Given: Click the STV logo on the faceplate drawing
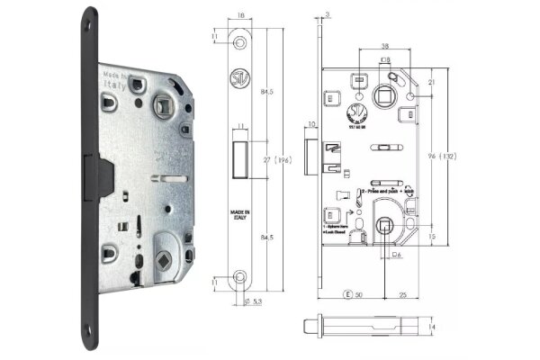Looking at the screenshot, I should pos(240,78).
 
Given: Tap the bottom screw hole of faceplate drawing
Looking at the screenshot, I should pos(240,275).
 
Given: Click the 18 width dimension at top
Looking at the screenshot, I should pos(242,15).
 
